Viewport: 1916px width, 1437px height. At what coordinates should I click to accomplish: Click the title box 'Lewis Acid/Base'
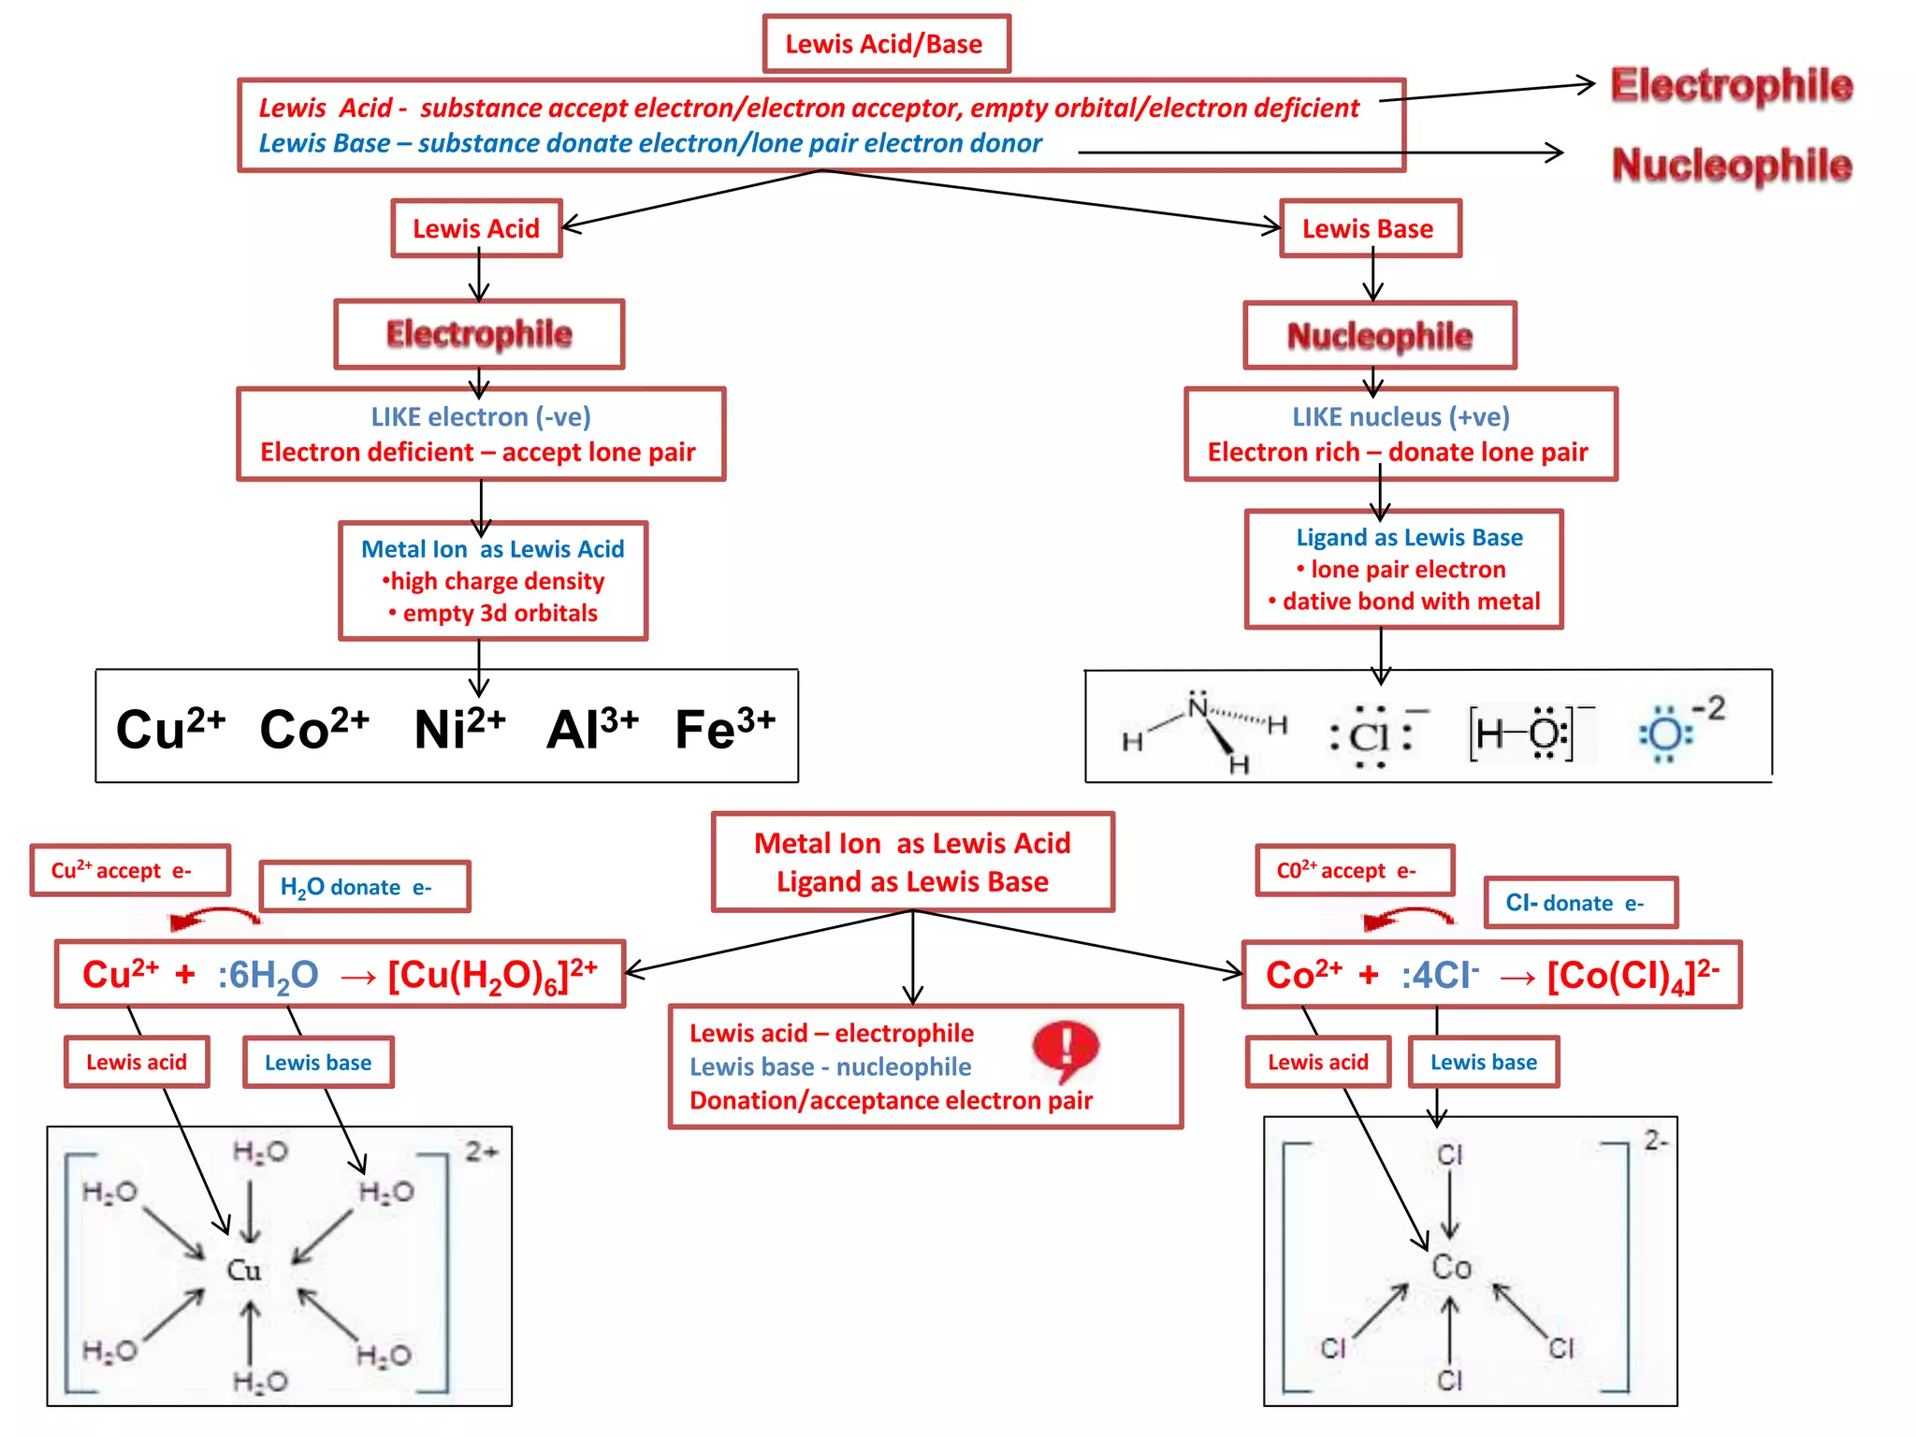885,44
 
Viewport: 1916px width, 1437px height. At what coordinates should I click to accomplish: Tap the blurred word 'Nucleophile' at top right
1731,166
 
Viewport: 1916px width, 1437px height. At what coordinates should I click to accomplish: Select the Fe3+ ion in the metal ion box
724,729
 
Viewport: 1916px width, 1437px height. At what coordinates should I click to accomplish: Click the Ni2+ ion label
458,729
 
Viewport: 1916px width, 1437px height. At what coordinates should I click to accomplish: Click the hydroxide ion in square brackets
1525,733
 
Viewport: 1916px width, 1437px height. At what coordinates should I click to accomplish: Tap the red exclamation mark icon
1066,1048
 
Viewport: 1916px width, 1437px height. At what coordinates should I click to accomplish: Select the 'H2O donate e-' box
364,887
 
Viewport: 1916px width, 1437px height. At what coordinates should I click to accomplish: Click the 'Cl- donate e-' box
1580,903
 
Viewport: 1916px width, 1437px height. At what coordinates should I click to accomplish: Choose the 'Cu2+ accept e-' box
130,870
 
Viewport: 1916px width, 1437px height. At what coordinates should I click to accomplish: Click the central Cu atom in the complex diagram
244,1270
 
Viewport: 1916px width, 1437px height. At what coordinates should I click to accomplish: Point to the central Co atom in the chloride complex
1451,1268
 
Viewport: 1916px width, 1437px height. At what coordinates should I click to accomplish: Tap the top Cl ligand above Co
1449,1155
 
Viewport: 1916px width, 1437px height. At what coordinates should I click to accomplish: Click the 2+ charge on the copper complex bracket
482,1151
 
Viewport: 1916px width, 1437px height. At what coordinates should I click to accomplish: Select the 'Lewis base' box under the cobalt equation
1483,1062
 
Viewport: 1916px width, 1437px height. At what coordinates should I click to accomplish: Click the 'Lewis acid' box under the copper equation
137,1062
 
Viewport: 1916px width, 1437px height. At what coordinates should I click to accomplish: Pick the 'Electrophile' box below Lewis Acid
479,334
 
